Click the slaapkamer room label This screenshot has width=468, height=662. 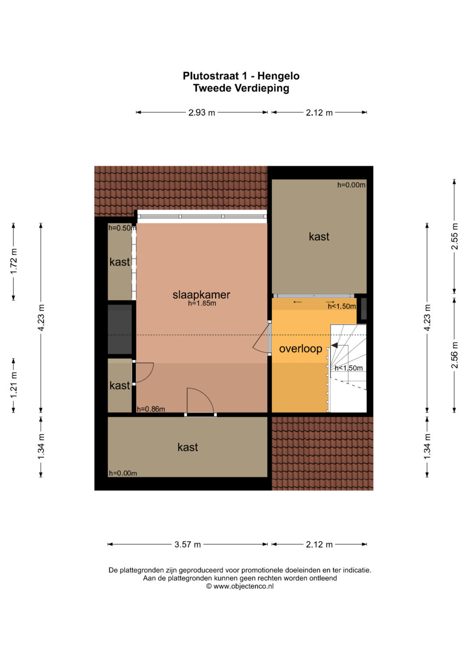(201, 295)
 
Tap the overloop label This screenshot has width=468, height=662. (300, 349)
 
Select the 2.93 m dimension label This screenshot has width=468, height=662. (202, 113)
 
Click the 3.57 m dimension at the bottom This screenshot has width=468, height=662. (188, 545)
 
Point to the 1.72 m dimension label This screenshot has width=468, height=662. (13, 261)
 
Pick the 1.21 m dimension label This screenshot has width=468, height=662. (13, 385)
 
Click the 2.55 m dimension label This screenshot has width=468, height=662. (455, 236)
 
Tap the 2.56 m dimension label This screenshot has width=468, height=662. (455, 355)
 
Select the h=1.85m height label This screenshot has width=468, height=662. (202, 303)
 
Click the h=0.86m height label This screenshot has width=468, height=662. (151, 409)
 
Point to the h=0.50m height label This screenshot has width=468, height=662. (122, 228)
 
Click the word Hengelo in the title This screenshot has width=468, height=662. (278, 76)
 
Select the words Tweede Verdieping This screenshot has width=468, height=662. (241, 88)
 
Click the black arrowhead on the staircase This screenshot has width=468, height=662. (334, 346)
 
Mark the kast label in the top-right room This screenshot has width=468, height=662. (319, 236)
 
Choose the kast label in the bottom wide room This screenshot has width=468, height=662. (188, 447)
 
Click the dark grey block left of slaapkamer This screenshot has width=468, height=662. (120, 329)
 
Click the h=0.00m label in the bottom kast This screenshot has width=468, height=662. (123, 473)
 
